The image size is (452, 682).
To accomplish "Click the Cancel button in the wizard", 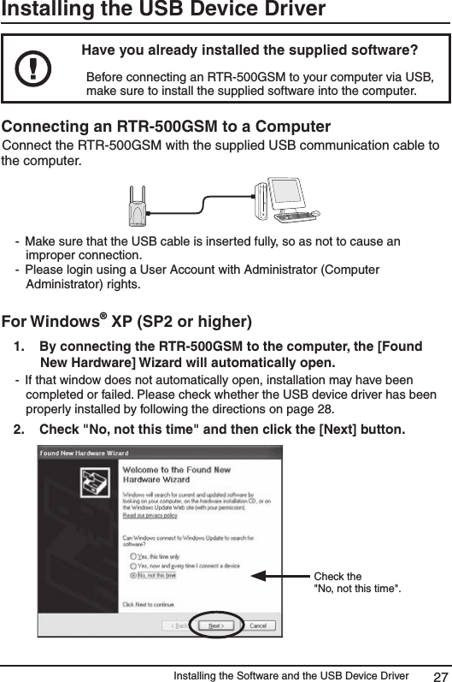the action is (257, 626).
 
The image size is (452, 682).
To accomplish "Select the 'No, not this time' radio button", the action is (132, 575).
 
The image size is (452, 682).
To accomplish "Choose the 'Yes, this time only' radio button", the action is (132, 555).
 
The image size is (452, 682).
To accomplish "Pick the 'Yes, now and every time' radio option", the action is (132, 566).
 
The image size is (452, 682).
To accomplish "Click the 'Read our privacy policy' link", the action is (150, 515).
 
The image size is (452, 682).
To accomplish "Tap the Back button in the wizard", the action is (178, 626).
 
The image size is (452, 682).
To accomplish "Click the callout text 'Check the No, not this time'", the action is (355, 582).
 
